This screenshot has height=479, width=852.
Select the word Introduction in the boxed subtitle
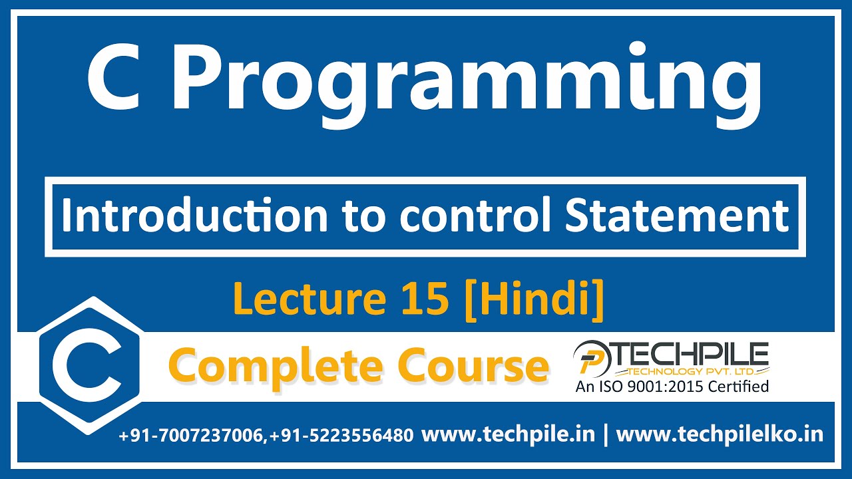point(194,216)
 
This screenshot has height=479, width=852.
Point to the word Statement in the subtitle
point(677,216)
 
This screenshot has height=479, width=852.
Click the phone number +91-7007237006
point(192,436)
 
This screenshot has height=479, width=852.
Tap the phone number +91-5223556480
point(341,436)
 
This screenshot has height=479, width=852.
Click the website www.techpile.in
point(509,434)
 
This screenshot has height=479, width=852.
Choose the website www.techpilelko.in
point(720,434)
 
